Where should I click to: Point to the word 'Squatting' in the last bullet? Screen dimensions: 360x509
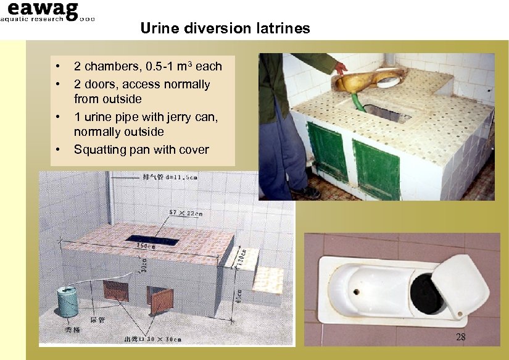102,149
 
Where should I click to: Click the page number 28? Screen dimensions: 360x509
460,337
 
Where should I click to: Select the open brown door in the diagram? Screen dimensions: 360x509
162,300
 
